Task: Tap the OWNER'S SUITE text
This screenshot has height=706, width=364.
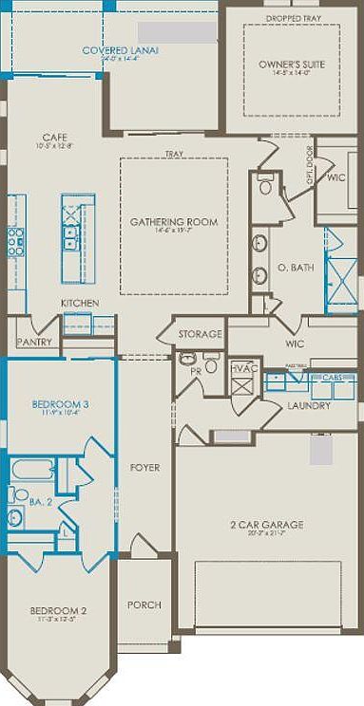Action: click(x=285, y=65)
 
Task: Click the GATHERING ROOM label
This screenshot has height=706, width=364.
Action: click(x=174, y=222)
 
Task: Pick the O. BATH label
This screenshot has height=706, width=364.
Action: click(x=292, y=269)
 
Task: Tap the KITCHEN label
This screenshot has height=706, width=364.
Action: click(x=81, y=303)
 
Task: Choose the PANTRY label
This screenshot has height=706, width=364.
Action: click(x=32, y=339)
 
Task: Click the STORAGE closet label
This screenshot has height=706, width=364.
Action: click(x=200, y=334)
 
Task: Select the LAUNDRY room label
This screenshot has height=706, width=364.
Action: click(x=309, y=406)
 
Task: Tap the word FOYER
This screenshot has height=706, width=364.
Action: click(x=145, y=468)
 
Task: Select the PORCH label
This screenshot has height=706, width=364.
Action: click(x=144, y=604)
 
